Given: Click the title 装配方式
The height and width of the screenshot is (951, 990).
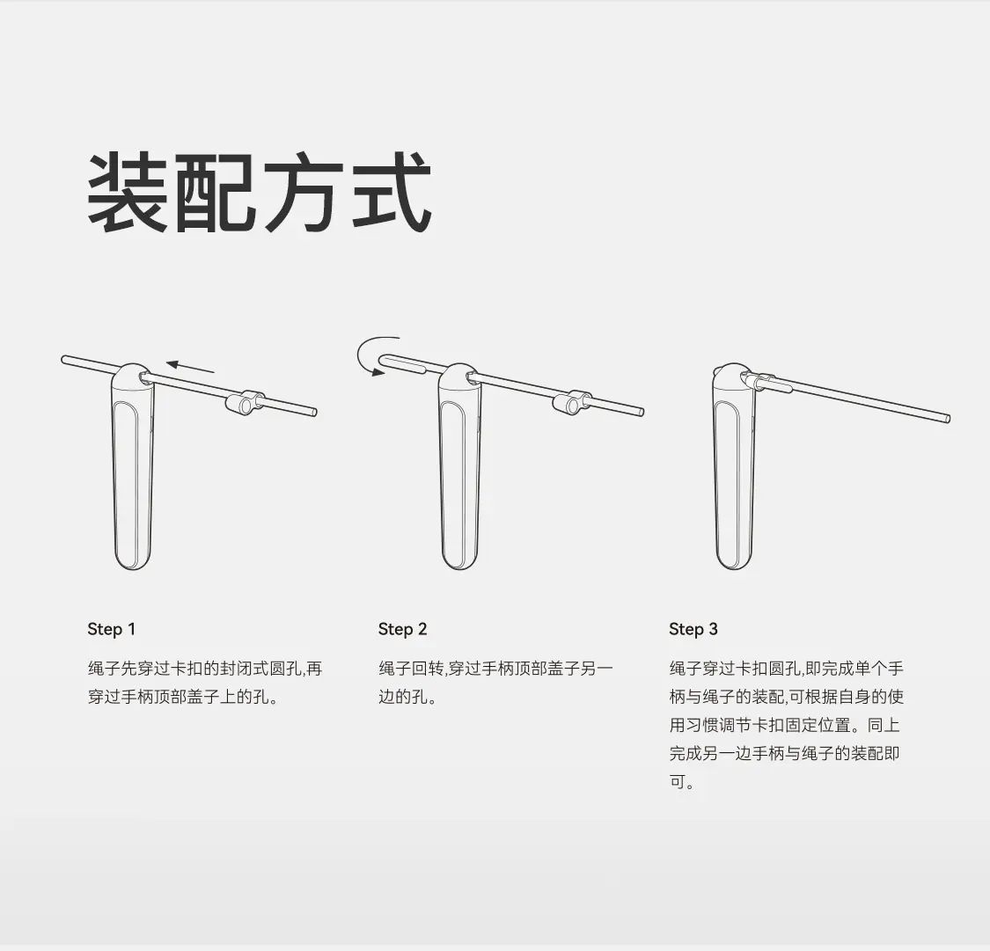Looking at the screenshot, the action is click(259, 193).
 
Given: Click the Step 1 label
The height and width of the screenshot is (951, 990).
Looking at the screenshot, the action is click(112, 629).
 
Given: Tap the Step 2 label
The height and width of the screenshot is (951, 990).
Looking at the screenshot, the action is click(403, 629).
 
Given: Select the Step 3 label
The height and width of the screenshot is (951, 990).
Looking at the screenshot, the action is click(693, 629).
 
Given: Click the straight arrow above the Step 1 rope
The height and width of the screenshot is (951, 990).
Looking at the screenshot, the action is click(191, 367).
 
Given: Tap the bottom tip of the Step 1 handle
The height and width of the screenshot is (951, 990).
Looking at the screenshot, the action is click(133, 569).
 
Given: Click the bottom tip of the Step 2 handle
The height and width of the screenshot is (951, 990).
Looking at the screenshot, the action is click(459, 569).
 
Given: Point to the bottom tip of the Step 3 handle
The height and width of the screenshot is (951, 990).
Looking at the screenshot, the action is click(735, 569).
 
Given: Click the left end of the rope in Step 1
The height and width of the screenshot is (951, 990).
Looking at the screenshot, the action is click(63, 360).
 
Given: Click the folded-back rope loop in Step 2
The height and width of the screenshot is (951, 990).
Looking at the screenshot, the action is click(404, 362).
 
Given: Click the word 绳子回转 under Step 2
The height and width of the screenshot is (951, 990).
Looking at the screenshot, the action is click(411, 669).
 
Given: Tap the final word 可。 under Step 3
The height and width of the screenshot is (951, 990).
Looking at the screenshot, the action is click(682, 782).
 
